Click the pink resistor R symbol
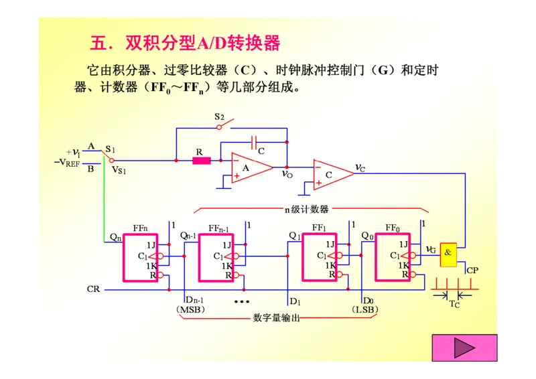click(201, 161)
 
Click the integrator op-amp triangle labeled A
click(249, 168)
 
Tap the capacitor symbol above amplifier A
click(254, 142)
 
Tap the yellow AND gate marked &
click(448, 252)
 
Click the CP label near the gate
click(472, 271)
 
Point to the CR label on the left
click(94, 289)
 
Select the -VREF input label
click(69, 162)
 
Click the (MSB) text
click(190, 309)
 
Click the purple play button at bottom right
click(464, 348)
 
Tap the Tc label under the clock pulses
click(454, 305)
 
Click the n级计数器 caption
click(306, 209)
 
